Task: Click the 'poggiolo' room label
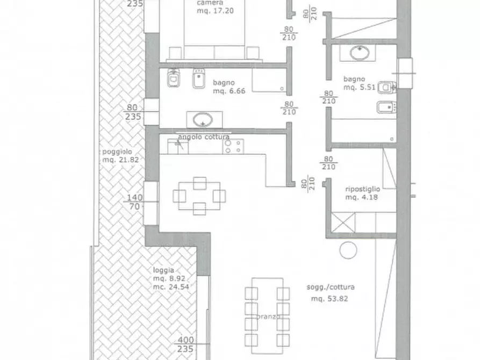pos(117,152)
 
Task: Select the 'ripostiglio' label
pos(363,189)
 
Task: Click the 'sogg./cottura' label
pos(331,287)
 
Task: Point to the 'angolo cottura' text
pos(204,137)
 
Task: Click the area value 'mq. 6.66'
pos(229,91)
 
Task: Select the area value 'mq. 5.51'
pos(360,87)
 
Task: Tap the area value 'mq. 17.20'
pos(215,11)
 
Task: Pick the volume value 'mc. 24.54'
pos(171,287)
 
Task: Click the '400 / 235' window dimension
pos(186,344)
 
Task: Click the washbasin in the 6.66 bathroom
pos(203,120)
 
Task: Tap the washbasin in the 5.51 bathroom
pos(359,53)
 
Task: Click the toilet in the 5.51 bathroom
pos(387,88)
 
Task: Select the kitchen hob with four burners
pos(233,146)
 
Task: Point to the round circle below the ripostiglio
pos(348,250)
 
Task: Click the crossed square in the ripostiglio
pos(343,222)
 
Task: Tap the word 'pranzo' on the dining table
pos(268,316)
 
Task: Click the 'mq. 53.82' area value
pos(329,299)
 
